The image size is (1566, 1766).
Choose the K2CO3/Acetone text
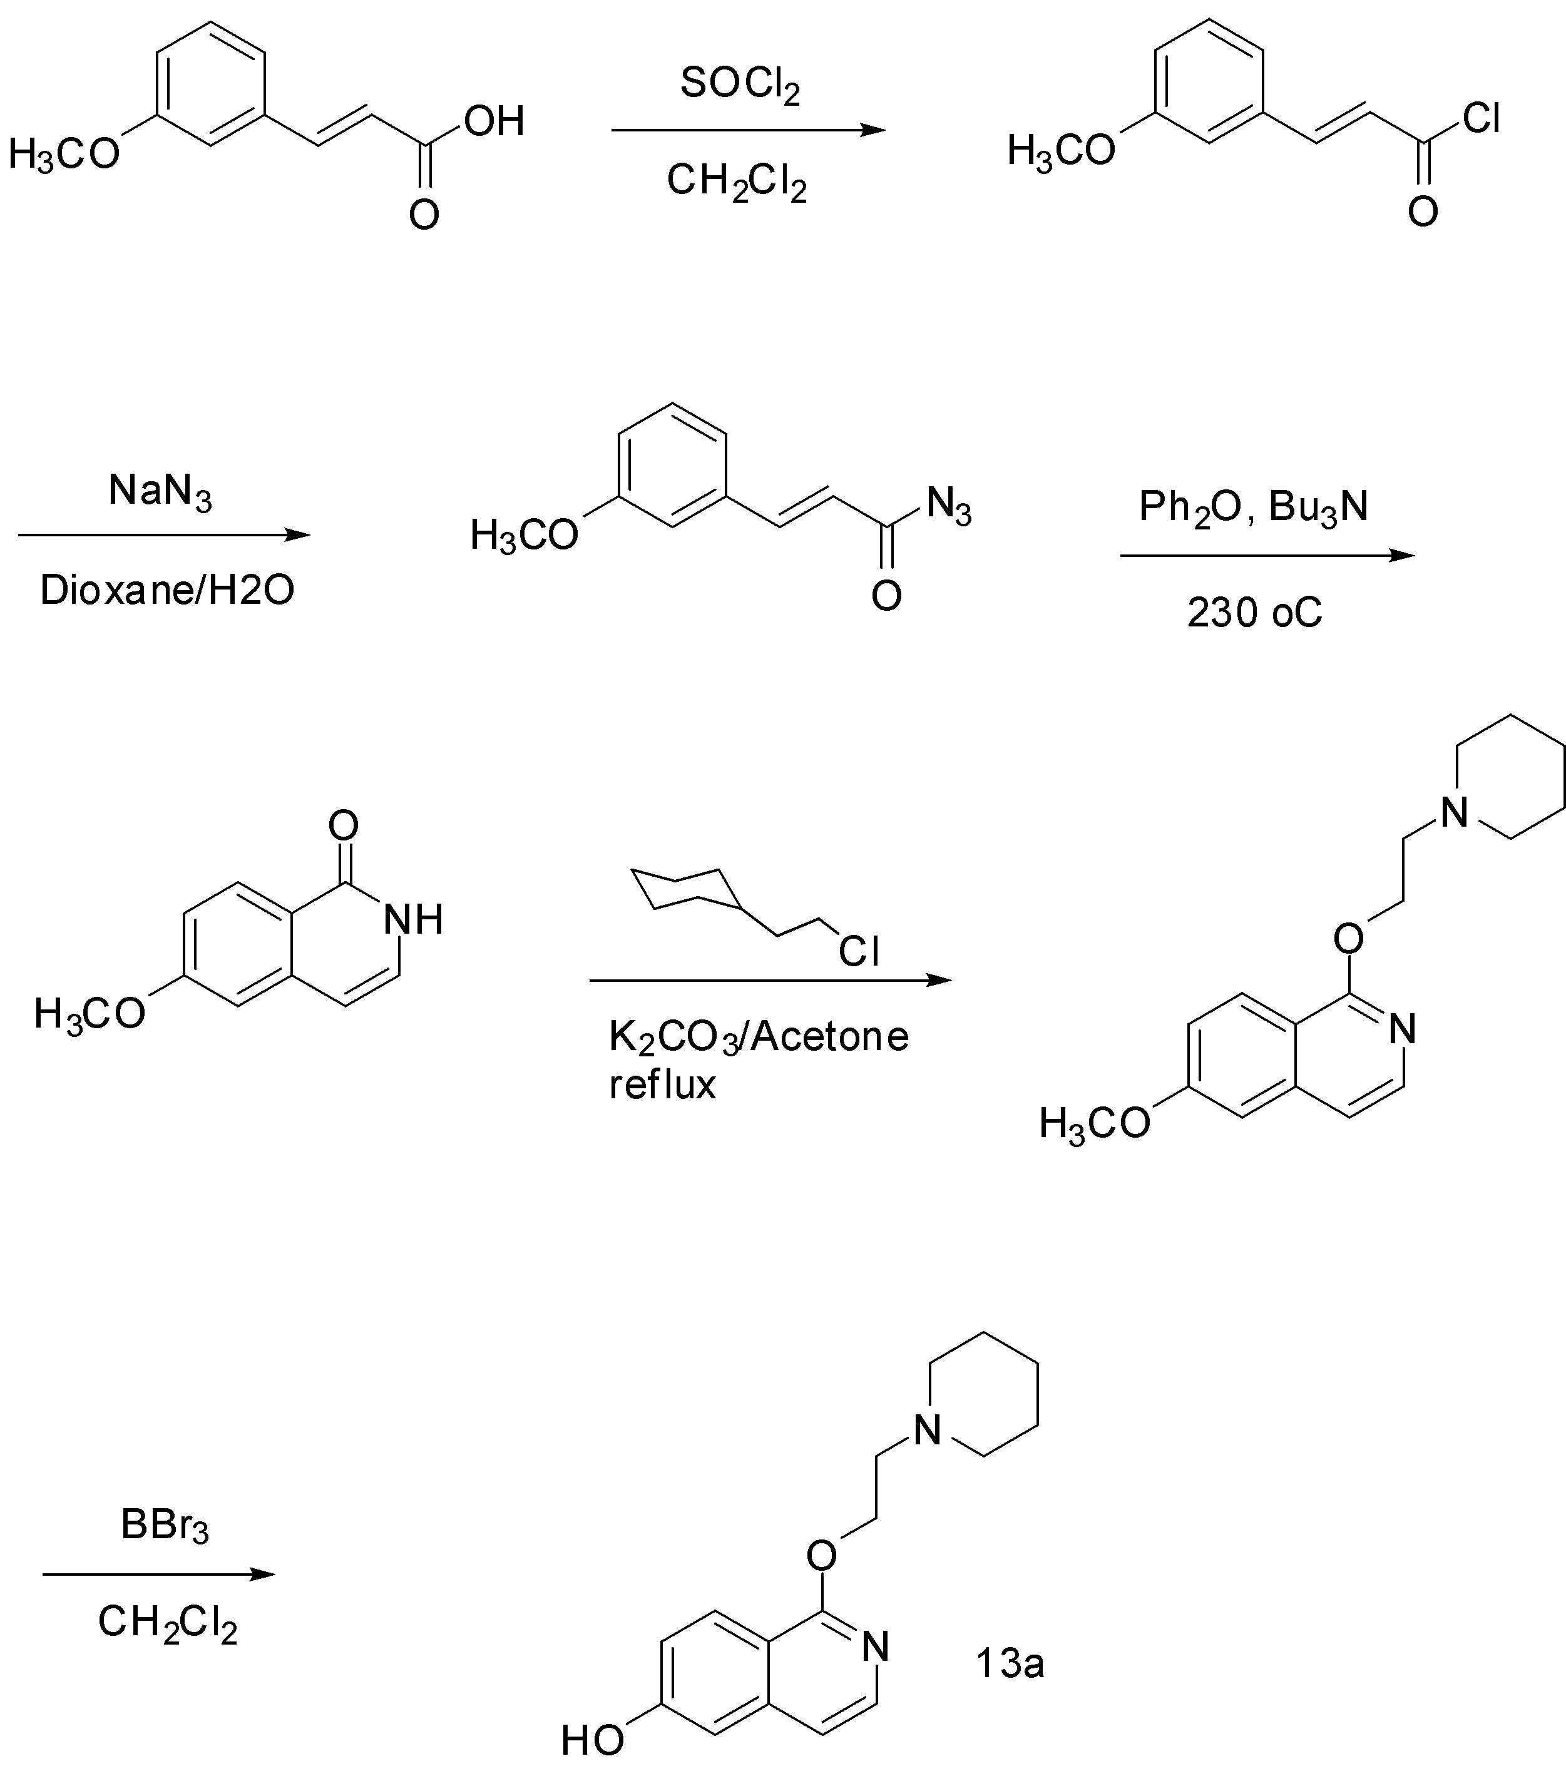(759, 1038)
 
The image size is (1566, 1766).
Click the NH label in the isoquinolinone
(413, 919)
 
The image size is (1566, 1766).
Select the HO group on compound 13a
(592, 1739)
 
